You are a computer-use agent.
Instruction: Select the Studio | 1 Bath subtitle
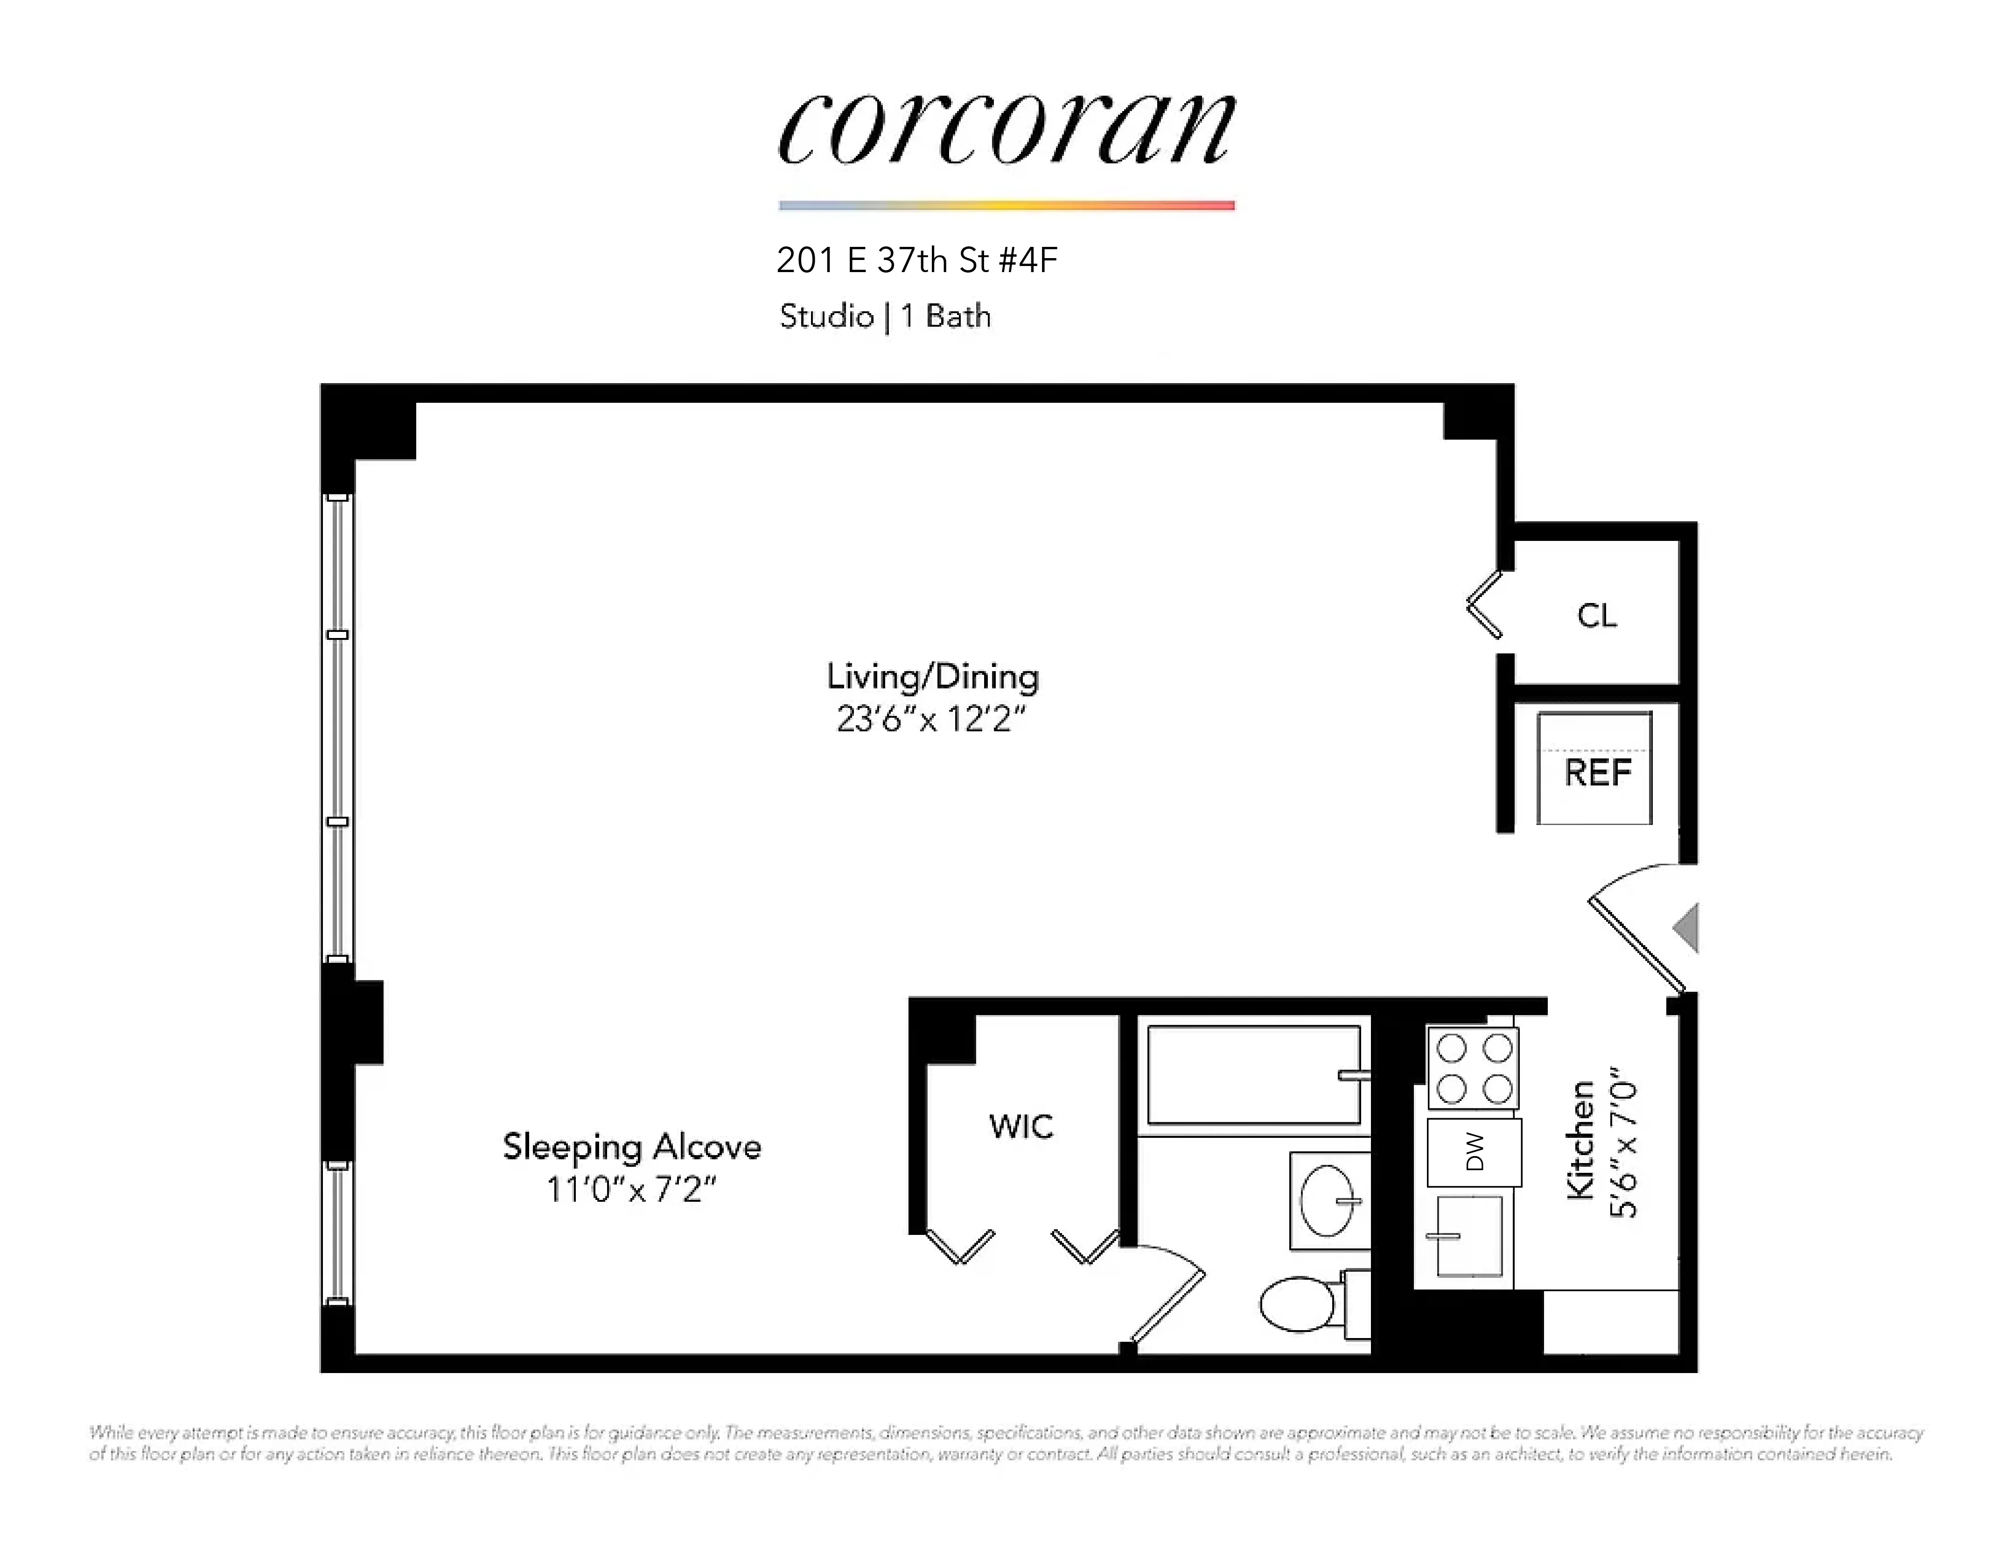coord(885,316)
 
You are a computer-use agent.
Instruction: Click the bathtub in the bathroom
coord(1253,1075)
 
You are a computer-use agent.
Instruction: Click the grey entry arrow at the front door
coord(1687,927)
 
